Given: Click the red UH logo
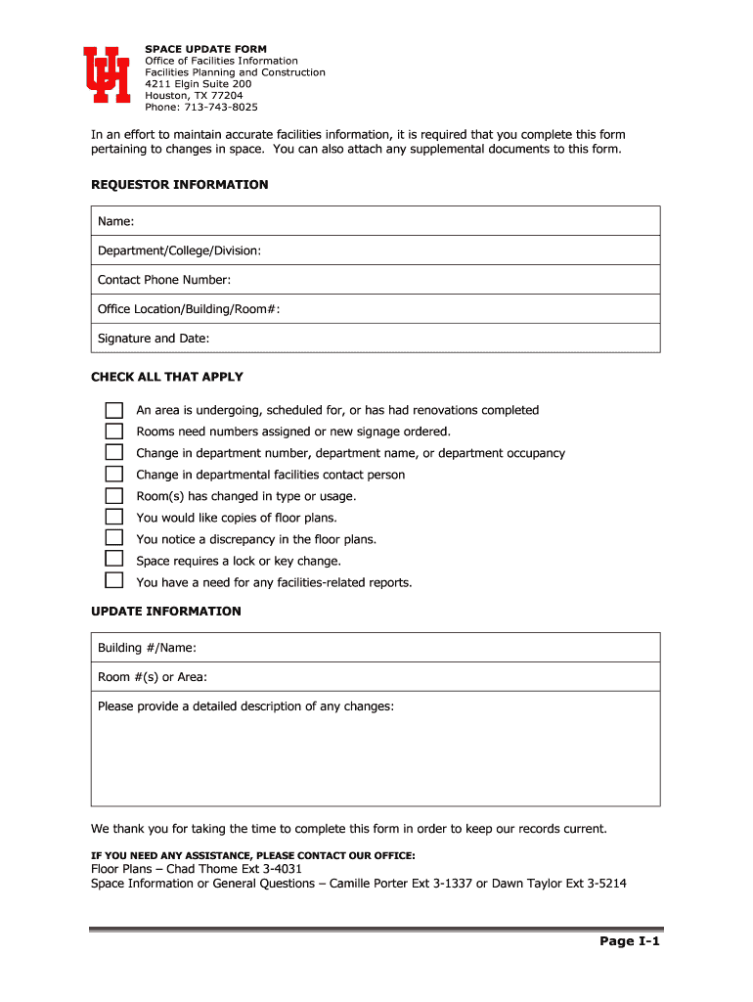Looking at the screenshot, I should [107, 74].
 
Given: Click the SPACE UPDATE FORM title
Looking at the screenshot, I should [205, 49].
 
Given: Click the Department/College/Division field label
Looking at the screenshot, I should [179, 251].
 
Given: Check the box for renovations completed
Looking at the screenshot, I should [114, 410].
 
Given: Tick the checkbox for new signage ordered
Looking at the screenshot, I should [114, 432].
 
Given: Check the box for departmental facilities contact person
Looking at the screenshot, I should [114, 475].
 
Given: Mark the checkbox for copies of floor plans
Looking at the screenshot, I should [114, 518].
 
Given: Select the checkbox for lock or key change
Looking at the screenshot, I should [114, 560].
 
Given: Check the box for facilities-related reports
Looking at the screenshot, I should [114, 581].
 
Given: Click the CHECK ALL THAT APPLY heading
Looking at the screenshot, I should [167, 377].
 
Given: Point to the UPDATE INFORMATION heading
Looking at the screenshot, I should [165, 612].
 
